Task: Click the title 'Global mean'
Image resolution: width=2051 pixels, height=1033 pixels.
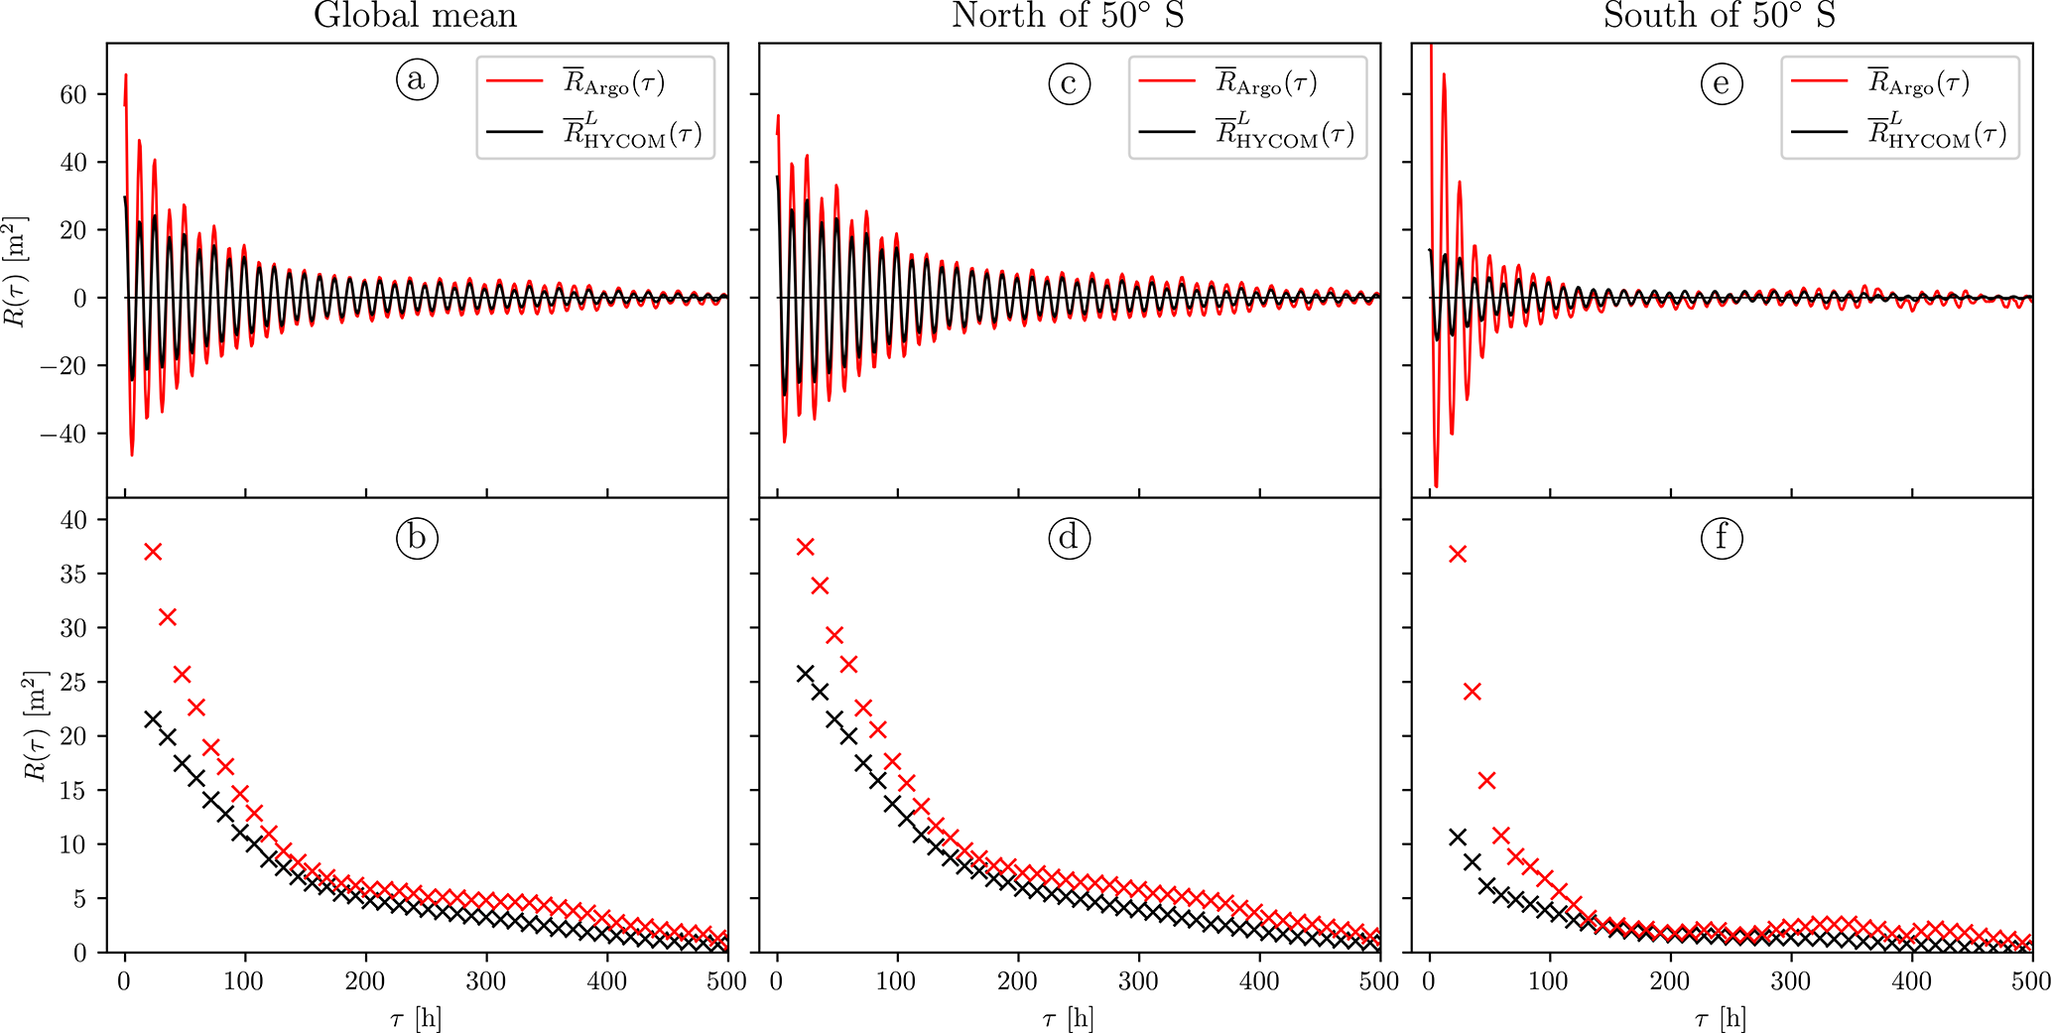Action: (x=416, y=16)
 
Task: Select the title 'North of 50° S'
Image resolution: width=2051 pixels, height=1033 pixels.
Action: (x=1068, y=16)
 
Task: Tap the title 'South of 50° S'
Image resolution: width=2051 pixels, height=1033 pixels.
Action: (x=1720, y=16)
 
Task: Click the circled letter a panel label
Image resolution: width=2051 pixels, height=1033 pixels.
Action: (x=417, y=79)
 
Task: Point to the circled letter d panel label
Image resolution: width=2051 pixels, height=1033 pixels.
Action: (x=1069, y=538)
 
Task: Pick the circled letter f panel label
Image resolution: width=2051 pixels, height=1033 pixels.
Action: (x=1721, y=538)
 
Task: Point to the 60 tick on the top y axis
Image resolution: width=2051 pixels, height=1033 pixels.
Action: (x=73, y=94)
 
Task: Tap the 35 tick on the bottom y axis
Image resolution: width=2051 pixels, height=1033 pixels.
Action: (x=73, y=574)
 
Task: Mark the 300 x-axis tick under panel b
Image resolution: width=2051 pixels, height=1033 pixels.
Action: (x=486, y=981)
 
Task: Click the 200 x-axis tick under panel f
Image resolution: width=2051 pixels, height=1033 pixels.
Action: (x=1670, y=981)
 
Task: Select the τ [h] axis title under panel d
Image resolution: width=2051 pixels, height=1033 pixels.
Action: (x=1068, y=1018)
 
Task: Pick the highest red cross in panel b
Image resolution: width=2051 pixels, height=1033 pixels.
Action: (x=153, y=552)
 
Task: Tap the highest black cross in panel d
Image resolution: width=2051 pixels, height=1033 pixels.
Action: (x=805, y=674)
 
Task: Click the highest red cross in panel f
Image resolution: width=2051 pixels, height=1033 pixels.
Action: (x=1458, y=554)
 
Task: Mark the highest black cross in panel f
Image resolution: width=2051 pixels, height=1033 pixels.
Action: (x=1458, y=838)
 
